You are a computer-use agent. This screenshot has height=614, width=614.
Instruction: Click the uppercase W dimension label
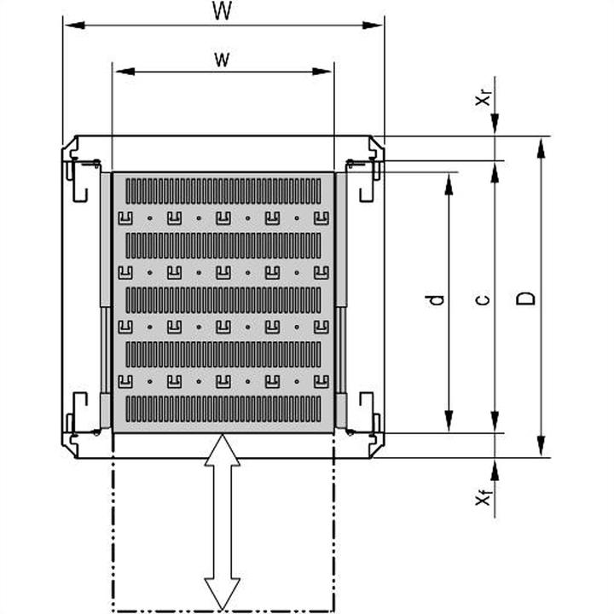[x=223, y=11]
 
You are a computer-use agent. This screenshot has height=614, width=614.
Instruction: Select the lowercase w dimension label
[x=223, y=59]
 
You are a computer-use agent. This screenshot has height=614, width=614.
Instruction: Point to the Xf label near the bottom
[x=483, y=500]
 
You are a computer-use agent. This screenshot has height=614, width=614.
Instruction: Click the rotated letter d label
[x=436, y=300]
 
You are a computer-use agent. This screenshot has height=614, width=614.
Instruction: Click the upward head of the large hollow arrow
[x=222, y=447]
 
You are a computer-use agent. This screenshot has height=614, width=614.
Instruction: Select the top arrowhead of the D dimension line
[x=540, y=145]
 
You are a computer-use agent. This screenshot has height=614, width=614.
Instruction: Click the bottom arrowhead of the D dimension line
[x=540, y=449]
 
